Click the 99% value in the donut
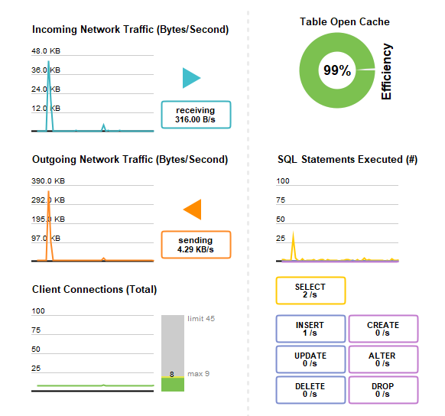point(337,70)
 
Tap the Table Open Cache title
point(345,21)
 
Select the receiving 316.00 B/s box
point(196,115)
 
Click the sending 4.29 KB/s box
point(196,245)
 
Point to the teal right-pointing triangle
point(190,78)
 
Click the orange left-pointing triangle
point(193,210)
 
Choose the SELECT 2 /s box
point(310,291)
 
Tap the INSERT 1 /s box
point(310,329)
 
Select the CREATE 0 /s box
point(383,329)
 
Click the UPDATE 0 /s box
point(310,359)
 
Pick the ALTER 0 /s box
point(383,359)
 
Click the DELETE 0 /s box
point(310,390)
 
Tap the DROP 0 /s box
point(383,390)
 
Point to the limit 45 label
point(201,318)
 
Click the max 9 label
point(198,373)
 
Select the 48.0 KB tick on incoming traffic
point(46,50)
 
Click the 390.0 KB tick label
point(48,180)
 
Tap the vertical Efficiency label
point(386,72)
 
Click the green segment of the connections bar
point(173,385)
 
